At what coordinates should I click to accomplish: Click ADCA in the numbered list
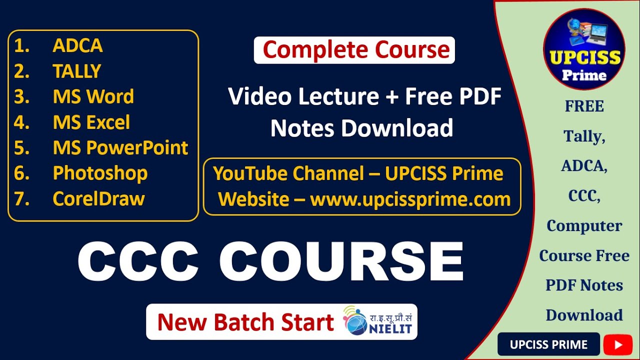point(77,46)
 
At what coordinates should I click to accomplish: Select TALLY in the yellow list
point(76,71)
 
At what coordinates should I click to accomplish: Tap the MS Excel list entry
point(91,122)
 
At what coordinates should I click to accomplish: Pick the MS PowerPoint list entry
point(120,148)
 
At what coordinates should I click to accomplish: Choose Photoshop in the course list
point(100,173)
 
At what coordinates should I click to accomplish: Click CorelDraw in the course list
point(98,199)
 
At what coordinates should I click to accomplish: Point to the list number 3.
point(21,97)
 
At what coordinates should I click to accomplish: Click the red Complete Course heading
point(355,50)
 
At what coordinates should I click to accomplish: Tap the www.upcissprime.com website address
point(410,199)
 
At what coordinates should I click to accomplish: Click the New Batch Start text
point(245,322)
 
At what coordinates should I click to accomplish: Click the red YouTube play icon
point(617,344)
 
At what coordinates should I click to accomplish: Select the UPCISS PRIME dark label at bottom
point(548,344)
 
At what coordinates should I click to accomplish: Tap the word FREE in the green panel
point(584,106)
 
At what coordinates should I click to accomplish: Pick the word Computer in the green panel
point(584,226)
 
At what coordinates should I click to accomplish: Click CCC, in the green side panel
point(584,196)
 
